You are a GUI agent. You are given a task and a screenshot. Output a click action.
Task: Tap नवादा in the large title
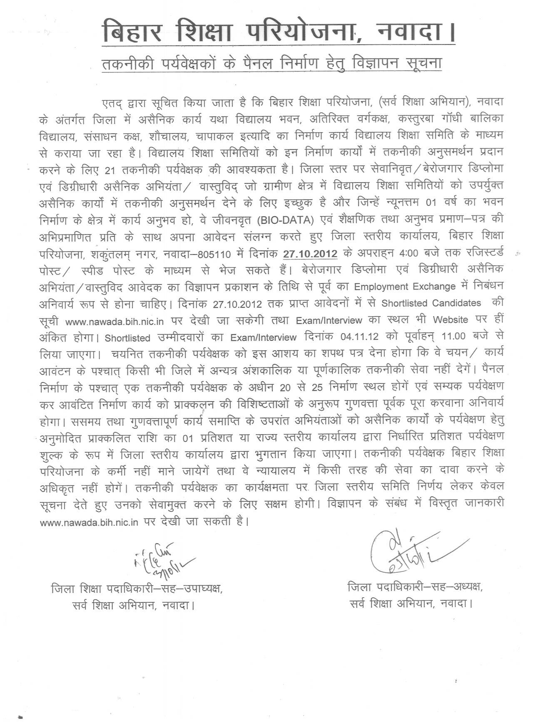[410, 32]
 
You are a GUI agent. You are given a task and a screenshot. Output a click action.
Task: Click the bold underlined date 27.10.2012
[310, 253]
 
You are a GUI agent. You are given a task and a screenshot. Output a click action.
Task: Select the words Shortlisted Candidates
[431, 303]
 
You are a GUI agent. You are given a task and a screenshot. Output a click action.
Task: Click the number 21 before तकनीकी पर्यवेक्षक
[110, 170]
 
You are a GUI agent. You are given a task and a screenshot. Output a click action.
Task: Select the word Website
[456, 319]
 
